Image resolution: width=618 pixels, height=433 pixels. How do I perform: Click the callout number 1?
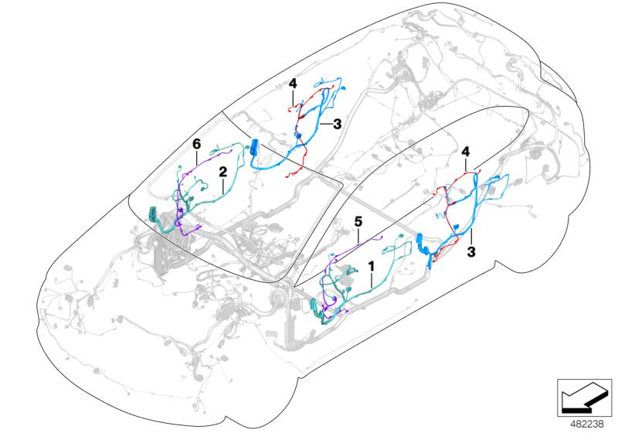pyautogui.click(x=372, y=265)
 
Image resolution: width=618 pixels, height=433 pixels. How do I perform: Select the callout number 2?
pyautogui.click(x=222, y=170)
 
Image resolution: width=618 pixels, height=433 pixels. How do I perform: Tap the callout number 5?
pyautogui.click(x=358, y=222)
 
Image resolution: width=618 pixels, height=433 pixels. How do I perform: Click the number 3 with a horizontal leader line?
pyautogui.click(x=337, y=123)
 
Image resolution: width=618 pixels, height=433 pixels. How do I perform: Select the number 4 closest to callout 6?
pyautogui.click(x=293, y=83)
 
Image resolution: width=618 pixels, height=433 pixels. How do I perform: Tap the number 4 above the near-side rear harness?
pyautogui.click(x=465, y=153)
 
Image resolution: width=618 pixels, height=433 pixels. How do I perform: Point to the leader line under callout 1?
pyautogui.click(x=372, y=280)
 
